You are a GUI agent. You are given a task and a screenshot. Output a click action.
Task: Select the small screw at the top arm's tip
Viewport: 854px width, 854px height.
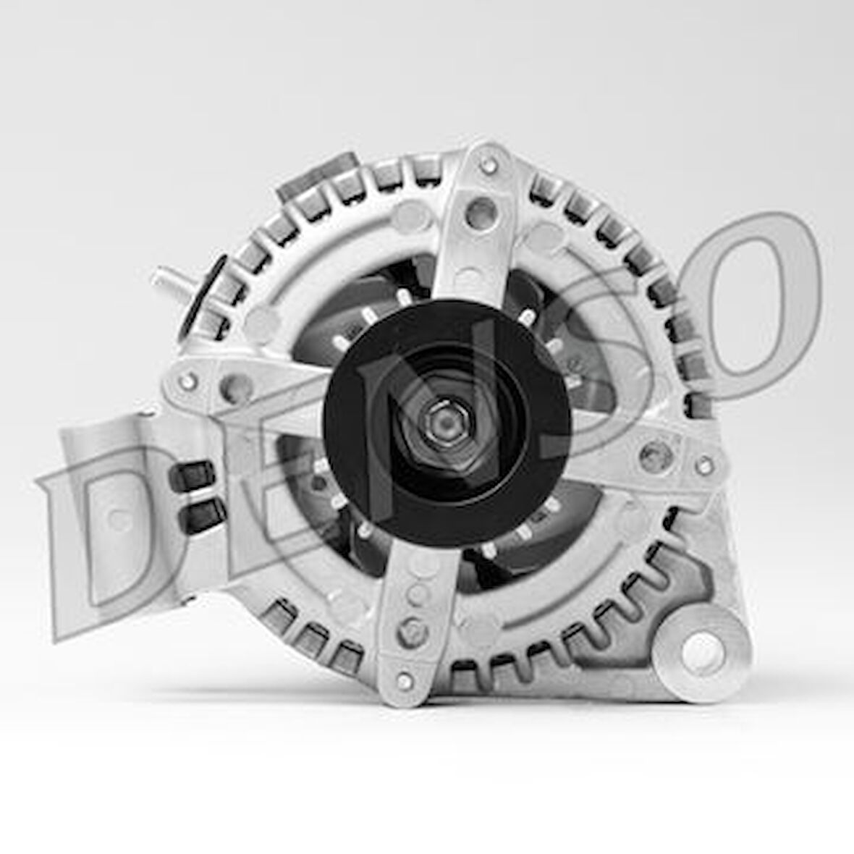[x=489, y=164]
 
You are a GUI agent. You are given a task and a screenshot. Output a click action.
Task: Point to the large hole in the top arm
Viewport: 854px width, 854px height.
[x=481, y=212]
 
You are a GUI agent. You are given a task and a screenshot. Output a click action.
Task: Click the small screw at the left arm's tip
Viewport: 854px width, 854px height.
[x=188, y=380]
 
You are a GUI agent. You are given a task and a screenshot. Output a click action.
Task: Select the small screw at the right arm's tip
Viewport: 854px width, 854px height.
[x=703, y=465]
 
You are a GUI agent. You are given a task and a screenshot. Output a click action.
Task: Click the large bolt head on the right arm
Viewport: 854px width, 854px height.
[x=656, y=456]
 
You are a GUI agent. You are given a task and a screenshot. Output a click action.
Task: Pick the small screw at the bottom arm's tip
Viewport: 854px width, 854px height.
[x=405, y=681]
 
